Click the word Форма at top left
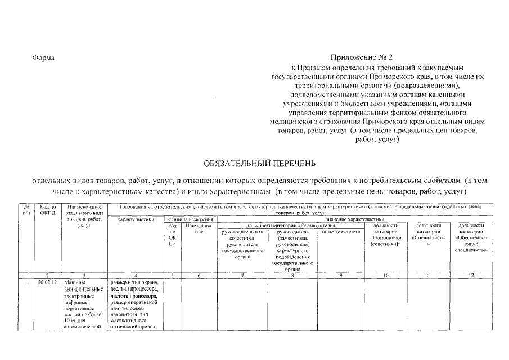coord(43,58)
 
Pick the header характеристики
coord(136,220)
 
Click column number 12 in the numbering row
coord(471,275)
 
